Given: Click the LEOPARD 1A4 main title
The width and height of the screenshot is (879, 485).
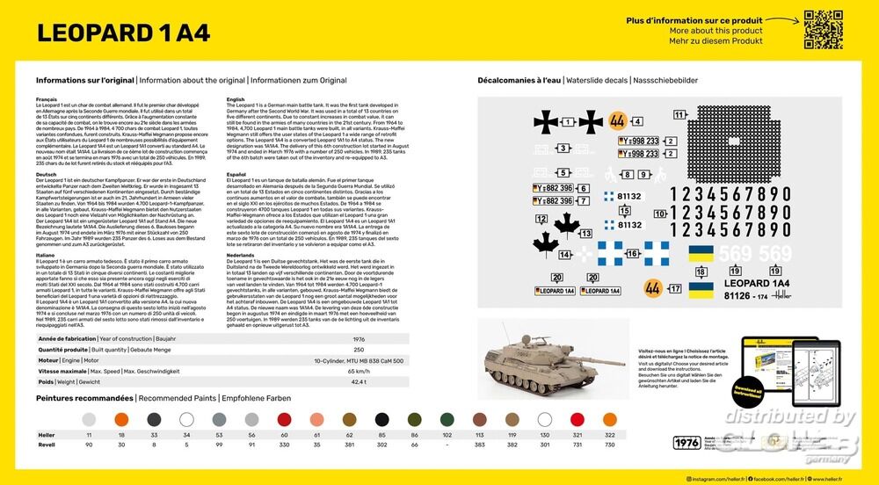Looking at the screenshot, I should pyautogui.click(x=123, y=32).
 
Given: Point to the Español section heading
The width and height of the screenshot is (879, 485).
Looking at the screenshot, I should pyautogui.click(x=236, y=174).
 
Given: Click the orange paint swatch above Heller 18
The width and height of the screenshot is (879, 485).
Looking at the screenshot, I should pyautogui.click(x=121, y=420).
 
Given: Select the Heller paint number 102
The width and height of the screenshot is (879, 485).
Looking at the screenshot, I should pyautogui.click(x=447, y=435).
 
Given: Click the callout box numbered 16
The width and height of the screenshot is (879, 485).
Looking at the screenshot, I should pyautogui.click(x=633, y=254).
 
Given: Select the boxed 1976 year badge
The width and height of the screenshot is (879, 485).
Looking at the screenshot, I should pyautogui.click(x=684, y=442).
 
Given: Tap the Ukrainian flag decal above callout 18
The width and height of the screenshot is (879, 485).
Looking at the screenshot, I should pyautogui.click(x=701, y=253).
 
